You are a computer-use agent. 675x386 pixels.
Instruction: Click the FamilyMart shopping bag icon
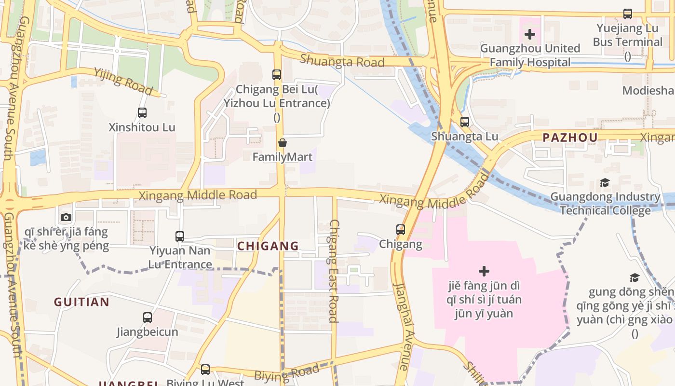283,143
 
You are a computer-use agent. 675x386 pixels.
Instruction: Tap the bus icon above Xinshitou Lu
142,113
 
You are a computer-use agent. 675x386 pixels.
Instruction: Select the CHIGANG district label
268,246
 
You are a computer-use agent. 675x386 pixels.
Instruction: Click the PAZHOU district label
570,138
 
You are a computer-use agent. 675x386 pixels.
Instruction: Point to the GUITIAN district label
81,303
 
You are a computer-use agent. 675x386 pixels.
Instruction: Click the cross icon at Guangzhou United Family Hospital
530,34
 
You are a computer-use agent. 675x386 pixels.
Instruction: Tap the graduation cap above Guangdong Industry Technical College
605,182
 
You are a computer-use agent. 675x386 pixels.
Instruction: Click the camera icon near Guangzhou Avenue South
66,217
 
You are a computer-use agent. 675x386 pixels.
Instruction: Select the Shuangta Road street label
342,61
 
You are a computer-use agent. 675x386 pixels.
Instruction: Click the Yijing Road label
123,82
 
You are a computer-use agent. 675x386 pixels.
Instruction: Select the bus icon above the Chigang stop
401,230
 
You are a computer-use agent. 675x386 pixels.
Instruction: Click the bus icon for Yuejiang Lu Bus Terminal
627,14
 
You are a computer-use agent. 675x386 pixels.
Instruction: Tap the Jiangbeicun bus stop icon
148,317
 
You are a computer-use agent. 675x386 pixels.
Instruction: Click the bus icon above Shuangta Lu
464,122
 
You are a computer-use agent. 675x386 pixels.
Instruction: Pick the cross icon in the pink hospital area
484,271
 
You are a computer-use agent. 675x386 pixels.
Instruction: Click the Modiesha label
648,91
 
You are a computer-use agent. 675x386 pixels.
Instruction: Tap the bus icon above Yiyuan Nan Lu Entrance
180,236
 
